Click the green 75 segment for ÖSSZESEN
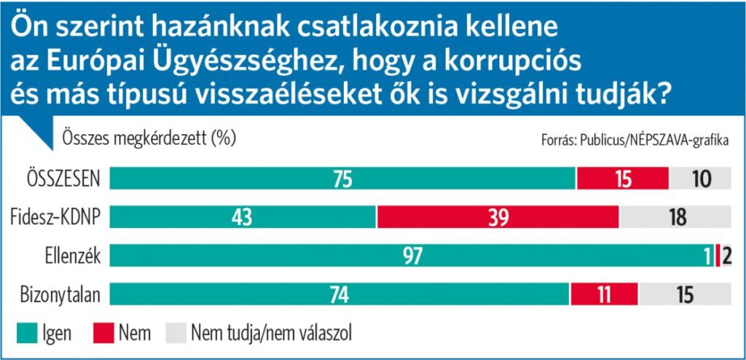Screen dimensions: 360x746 click(342, 179)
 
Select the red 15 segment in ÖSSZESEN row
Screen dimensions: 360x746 click(623, 179)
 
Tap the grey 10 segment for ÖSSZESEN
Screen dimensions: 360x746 click(700, 179)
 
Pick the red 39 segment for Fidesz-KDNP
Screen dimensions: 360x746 click(498, 217)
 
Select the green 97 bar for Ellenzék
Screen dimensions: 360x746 click(412, 256)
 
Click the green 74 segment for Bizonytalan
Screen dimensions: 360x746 click(339, 294)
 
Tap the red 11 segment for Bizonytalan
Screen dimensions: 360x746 click(605, 294)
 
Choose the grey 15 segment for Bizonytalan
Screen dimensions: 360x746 click(685, 294)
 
